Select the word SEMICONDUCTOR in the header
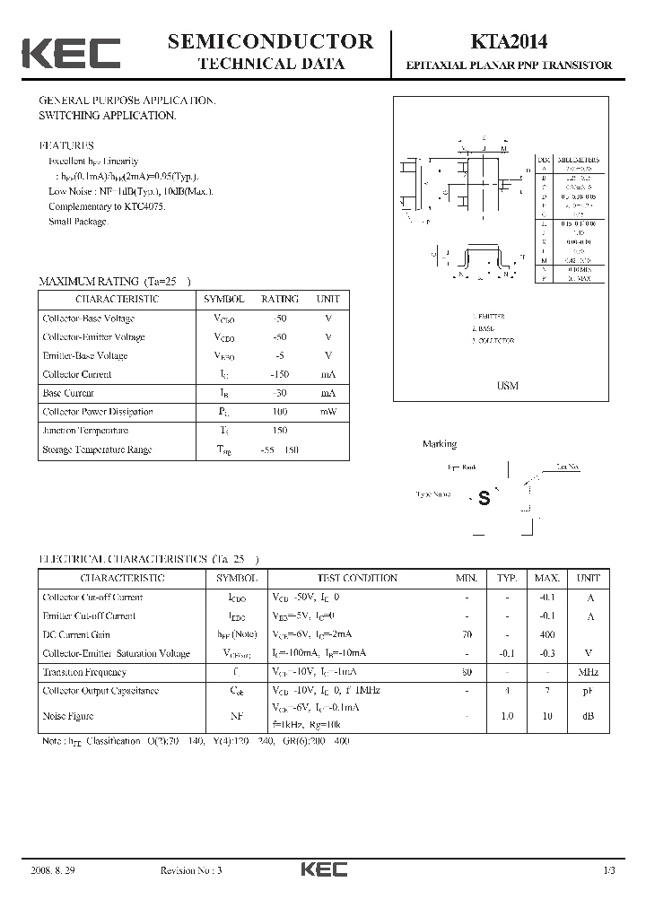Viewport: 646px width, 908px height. tap(270, 40)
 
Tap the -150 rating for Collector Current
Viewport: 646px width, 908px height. tap(279, 374)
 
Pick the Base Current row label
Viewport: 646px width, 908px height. tap(68, 393)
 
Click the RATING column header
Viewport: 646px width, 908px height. tap(280, 299)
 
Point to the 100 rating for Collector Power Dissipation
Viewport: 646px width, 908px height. tap(279, 412)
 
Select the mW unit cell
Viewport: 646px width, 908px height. tap(327, 412)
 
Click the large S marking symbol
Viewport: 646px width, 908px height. tap(484, 500)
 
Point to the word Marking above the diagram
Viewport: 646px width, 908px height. tap(440, 444)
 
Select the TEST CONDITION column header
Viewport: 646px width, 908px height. tap(357, 579)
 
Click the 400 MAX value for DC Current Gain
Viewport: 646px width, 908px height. tap(547, 634)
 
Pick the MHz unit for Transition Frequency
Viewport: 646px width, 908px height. tap(588, 672)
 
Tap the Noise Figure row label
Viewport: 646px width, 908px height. tap(68, 716)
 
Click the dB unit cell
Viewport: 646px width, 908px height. tap(588, 716)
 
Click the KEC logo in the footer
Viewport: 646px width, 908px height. tap(323, 869)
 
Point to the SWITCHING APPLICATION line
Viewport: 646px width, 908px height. tap(107, 116)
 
